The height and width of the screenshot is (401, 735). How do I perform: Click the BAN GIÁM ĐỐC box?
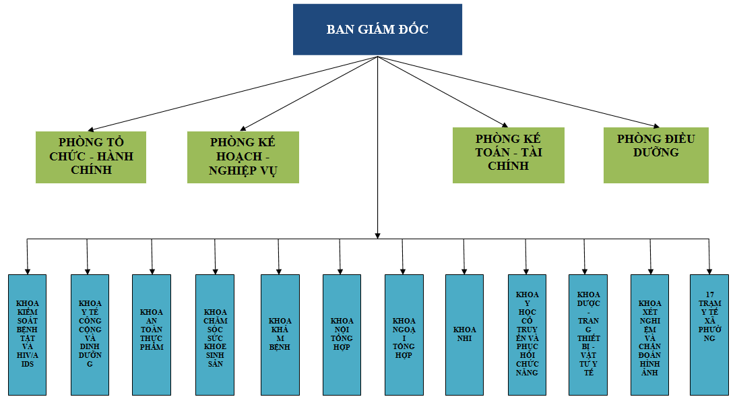coord(377,30)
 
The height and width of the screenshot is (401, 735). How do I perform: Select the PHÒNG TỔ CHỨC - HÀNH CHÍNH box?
coord(91,157)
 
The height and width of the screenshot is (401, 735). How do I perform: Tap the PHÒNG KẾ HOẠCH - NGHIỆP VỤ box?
coord(243,157)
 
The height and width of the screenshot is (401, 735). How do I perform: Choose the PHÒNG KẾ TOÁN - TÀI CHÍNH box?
coord(508,155)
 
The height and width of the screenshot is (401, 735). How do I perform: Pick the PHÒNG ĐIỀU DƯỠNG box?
coord(656,155)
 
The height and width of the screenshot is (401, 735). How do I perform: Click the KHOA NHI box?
coord(464,334)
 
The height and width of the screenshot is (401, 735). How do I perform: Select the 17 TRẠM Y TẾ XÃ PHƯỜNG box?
coord(709,334)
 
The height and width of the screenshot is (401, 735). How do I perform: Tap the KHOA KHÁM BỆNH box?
coord(280,334)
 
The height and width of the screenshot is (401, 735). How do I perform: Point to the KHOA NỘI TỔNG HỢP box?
coord(341,334)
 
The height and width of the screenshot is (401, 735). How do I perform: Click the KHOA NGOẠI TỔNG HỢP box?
coord(404,334)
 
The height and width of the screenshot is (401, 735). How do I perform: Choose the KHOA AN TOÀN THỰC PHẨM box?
coord(152,334)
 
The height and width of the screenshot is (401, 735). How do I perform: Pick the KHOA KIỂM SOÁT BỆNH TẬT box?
coord(28,334)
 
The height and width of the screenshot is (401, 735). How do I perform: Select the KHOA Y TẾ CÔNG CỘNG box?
coord(90,334)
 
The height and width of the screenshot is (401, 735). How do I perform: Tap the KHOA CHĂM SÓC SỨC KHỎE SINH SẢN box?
coord(215,334)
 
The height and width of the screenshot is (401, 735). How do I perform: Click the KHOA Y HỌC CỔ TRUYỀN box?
coord(527,334)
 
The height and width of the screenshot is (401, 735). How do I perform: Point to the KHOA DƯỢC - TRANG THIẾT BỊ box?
coord(588,334)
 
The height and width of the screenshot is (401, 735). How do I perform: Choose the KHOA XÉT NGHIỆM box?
coord(649,334)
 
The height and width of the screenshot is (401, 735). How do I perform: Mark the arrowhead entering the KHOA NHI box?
coord(464,270)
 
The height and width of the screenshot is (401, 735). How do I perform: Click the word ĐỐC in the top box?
coord(412,30)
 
